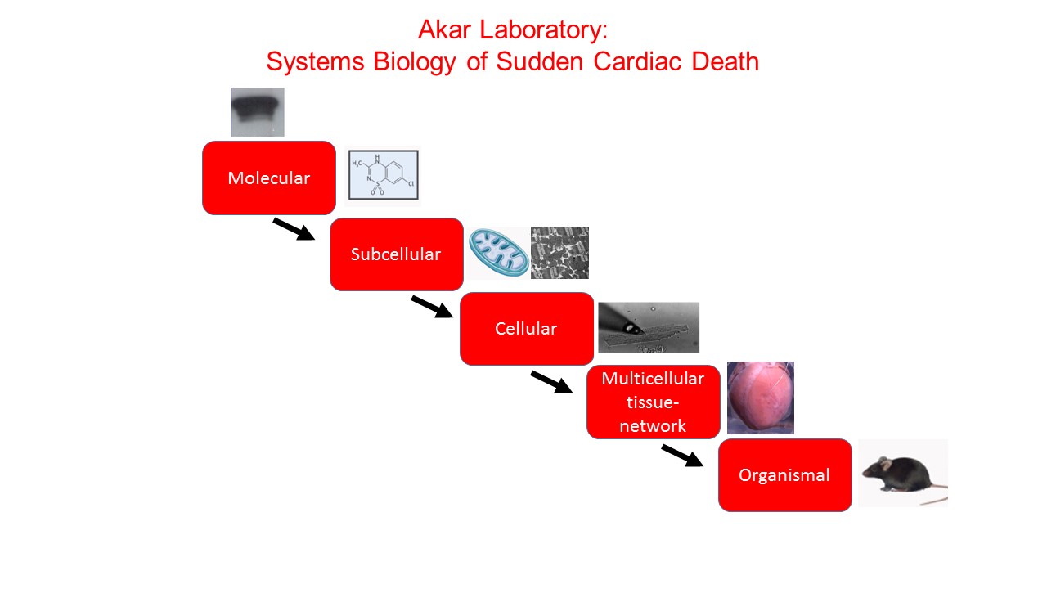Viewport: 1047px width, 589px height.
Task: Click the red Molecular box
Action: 269,178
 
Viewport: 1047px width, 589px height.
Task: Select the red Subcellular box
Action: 396,254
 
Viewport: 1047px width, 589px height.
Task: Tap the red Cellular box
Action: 526,328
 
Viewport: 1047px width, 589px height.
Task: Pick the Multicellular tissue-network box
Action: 653,402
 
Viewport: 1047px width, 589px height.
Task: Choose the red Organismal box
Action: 784,475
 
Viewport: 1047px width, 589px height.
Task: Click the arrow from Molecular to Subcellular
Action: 294,229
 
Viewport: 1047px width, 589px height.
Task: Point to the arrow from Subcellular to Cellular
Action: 431,307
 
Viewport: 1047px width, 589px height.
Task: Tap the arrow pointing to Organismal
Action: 682,456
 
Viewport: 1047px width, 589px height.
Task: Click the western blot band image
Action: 257,112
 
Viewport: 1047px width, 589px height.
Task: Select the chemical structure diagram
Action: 383,174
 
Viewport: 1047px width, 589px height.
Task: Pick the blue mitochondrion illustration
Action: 497,253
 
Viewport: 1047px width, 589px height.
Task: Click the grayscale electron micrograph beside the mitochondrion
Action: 559,253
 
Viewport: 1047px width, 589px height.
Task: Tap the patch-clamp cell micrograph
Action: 649,327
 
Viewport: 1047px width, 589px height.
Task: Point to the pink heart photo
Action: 760,398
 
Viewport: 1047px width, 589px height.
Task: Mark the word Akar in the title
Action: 446,30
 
